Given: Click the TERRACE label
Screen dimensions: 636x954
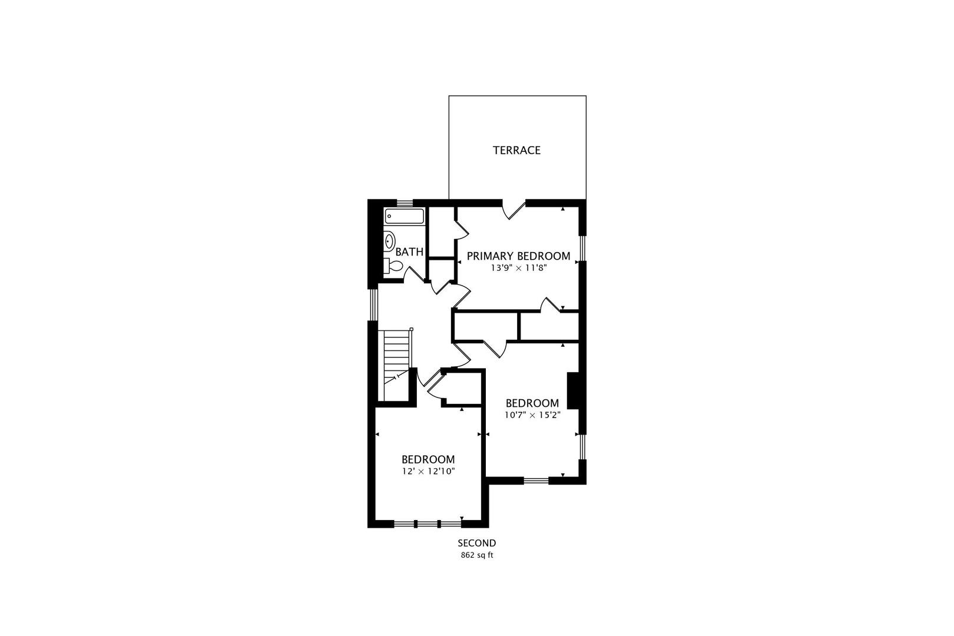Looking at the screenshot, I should click(x=516, y=150).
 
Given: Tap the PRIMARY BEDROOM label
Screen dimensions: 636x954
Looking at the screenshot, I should click(x=518, y=256).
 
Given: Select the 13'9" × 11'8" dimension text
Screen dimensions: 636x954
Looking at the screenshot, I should click(x=518, y=267).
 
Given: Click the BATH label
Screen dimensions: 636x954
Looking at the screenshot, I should click(x=409, y=251).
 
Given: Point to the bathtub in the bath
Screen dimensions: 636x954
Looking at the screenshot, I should click(x=405, y=216).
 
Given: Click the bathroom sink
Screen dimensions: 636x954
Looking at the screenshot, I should click(x=389, y=241).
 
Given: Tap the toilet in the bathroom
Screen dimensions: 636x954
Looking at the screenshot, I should click(x=393, y=267).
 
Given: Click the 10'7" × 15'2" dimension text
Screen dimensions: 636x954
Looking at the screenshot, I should click(x=532, y=415).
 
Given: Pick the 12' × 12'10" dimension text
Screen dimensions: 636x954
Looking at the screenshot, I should click(x=428, y=471).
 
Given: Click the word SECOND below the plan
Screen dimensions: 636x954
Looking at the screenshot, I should click(x=477, y=543).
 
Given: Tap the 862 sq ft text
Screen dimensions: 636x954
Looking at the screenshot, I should click(x=477, y=555).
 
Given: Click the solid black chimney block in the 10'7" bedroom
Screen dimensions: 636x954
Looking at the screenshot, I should click(x=572, y=391).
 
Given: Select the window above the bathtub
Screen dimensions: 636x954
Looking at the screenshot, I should click(x=405, y=203).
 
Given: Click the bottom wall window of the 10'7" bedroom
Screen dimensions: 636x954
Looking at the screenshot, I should click(x=536, y=481).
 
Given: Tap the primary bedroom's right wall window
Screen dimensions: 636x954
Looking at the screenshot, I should click(x=582, y=248).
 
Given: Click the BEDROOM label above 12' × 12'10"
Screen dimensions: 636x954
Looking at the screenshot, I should click(x=428, y=459).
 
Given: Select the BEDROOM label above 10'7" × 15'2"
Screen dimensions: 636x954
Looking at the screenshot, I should click(x=532, y=403).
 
